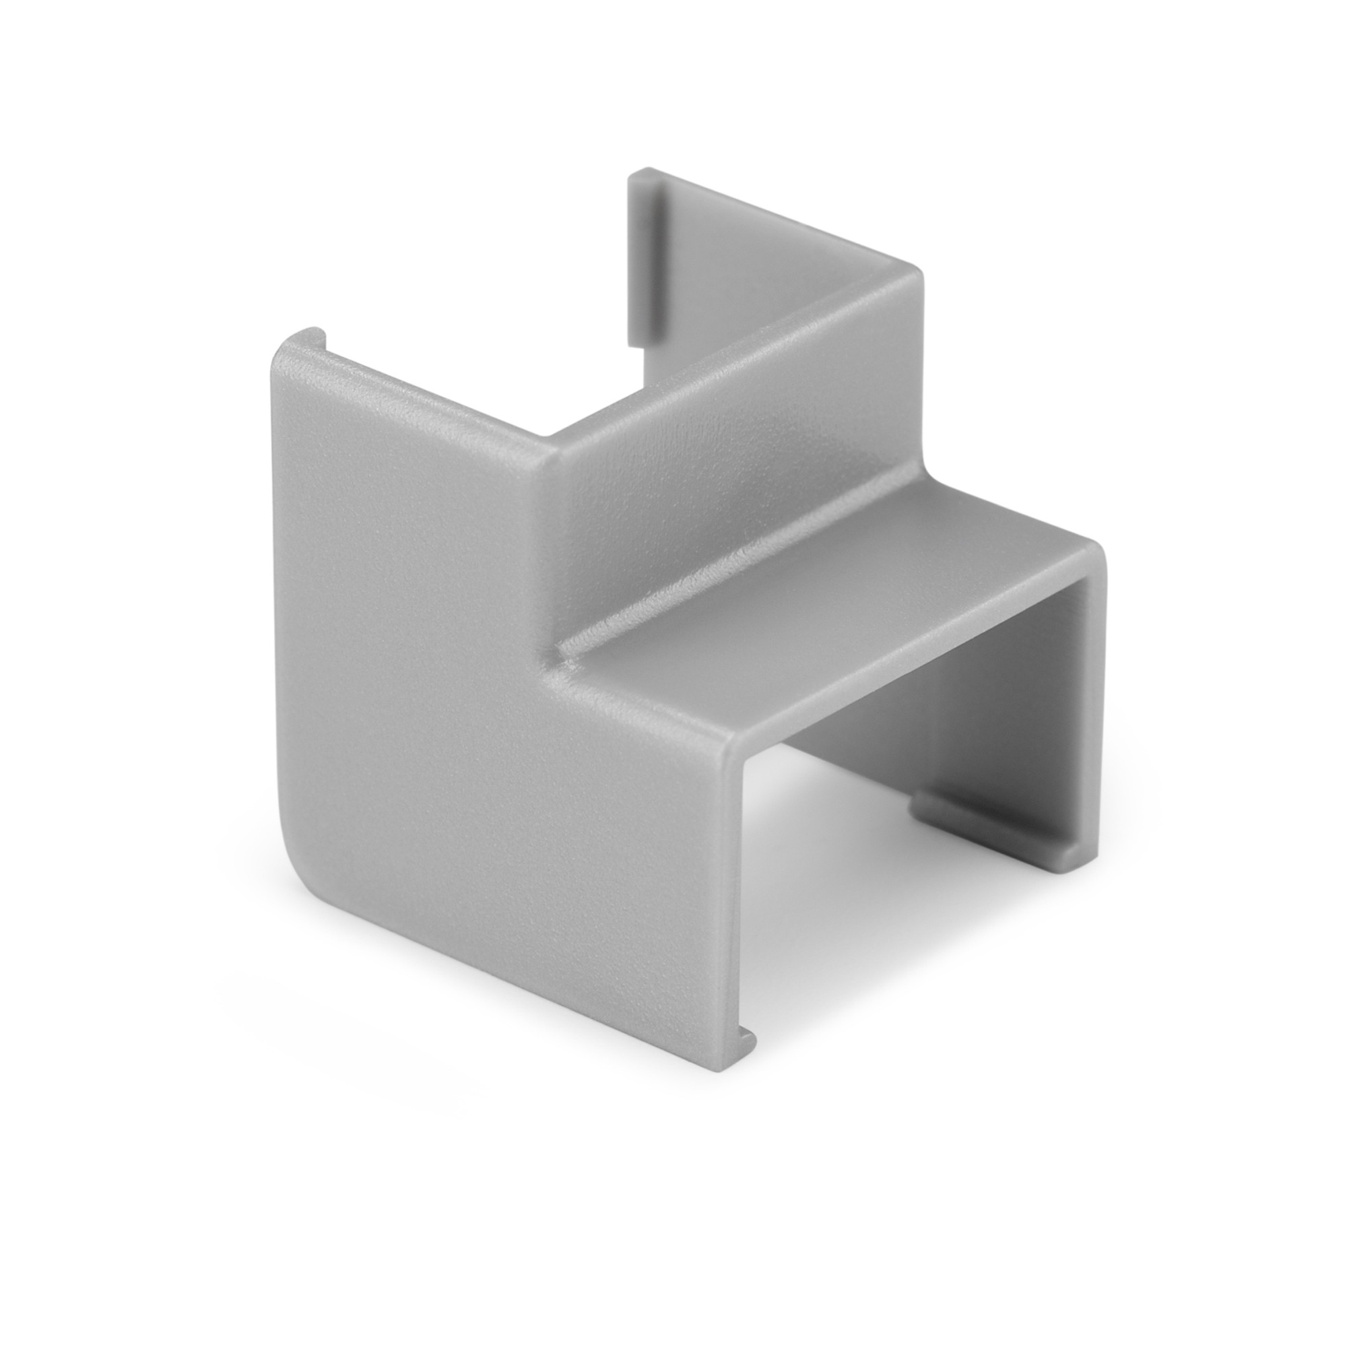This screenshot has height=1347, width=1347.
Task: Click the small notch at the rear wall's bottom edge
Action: [x=636, y=341]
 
